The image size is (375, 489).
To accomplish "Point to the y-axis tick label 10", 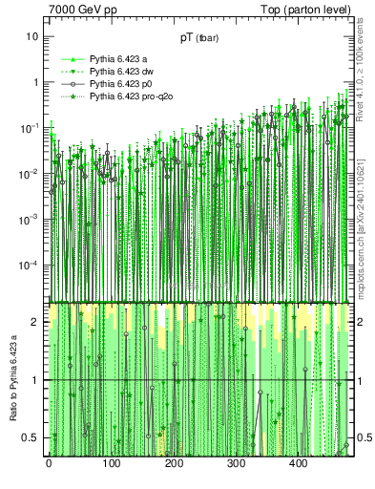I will tap(32, 36).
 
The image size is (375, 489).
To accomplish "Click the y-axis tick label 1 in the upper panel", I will tap(35, 82).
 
